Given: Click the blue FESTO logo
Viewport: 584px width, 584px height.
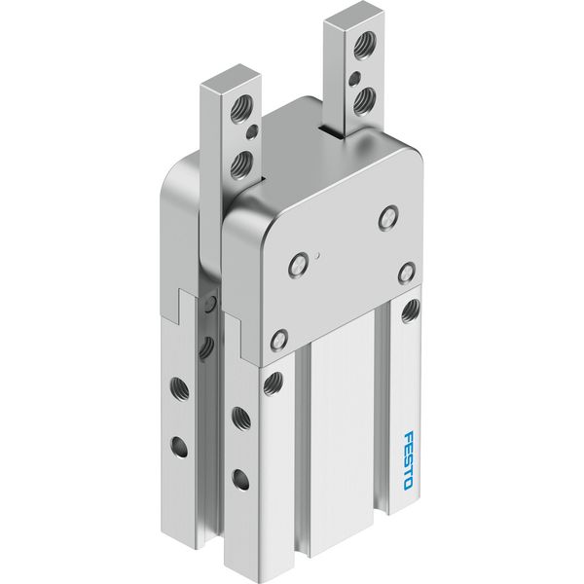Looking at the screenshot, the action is point(409,460).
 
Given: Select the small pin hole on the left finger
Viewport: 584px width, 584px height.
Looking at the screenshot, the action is point(252,131).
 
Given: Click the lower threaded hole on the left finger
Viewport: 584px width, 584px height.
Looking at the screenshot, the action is point(239,164).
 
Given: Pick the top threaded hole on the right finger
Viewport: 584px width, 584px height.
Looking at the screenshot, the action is point(363,46).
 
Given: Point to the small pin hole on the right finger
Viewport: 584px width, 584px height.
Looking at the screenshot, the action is point(354,79).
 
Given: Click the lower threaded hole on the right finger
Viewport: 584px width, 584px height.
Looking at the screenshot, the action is point(363,100).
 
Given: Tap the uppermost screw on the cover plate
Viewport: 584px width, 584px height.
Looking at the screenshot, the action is point(388,217).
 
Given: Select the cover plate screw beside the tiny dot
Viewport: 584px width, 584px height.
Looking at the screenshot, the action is point(299,265).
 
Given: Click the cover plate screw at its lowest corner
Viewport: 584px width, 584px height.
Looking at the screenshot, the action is point(279,339).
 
